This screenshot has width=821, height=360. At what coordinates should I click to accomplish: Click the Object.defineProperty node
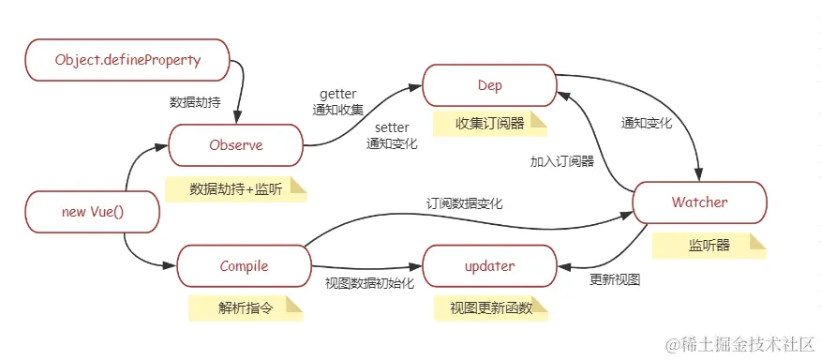127,60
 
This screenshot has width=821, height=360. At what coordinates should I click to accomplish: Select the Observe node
236,145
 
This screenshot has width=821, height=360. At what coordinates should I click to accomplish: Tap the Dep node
489,85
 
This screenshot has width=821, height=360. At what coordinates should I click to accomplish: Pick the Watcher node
699,202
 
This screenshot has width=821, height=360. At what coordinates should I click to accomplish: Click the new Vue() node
92,212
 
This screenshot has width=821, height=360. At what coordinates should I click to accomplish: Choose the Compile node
244,266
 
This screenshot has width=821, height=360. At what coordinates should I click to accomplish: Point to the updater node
489,266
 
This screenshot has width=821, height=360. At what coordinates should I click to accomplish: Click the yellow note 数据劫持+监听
235,188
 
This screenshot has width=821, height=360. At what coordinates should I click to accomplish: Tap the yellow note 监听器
709,246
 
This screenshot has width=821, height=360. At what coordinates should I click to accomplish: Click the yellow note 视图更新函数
490,307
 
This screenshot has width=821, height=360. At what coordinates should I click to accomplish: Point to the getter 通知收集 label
337,101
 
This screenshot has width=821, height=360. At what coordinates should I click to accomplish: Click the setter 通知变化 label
391,136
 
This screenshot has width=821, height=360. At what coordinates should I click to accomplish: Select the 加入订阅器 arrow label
561,161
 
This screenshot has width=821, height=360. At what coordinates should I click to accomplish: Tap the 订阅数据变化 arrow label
465,202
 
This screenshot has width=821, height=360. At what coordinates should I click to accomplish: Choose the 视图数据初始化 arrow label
369,283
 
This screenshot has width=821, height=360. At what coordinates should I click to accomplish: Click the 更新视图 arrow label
615,279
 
